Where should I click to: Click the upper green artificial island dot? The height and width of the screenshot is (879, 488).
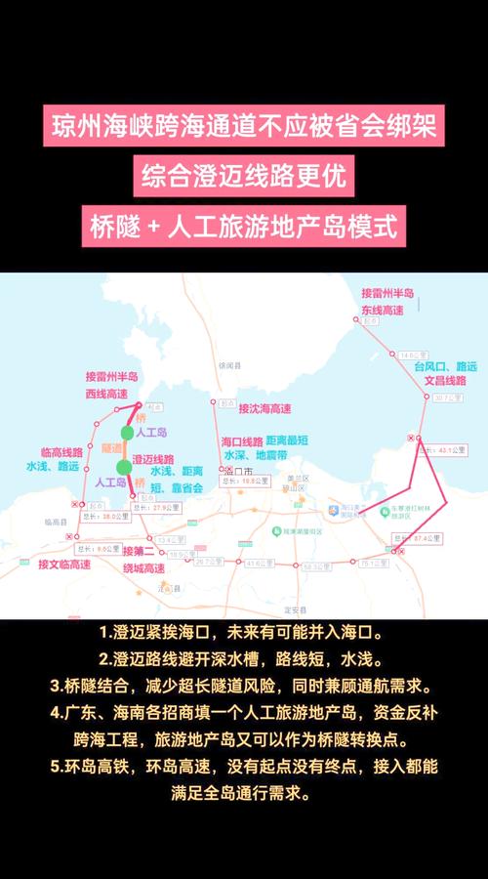coord(127,433)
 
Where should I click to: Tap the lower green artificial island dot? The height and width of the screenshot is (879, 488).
coord(122,466)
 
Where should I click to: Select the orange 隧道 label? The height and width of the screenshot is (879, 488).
coord(110,448)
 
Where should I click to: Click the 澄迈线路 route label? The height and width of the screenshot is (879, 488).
coord(153,459)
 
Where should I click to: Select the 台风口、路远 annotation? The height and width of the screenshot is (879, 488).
coord(445,366)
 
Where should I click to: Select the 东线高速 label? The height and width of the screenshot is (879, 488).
coord(383,309)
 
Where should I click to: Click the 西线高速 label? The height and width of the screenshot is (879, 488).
coord(106,393)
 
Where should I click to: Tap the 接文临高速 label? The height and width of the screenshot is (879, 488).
coord(63,565)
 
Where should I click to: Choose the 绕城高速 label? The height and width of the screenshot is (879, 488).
coord(146,567)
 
